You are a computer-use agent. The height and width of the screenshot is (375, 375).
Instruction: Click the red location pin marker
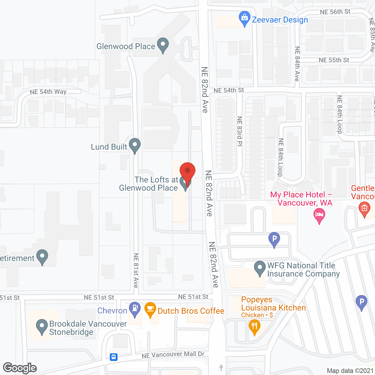tap(187, 171)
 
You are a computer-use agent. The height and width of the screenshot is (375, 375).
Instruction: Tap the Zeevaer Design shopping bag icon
tap(244, 18)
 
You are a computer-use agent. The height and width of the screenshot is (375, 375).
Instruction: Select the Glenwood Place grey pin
tap(163, 45)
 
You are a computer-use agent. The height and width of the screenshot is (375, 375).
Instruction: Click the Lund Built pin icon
tap(135, 145)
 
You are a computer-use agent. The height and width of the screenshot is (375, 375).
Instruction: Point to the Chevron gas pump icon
tap(135, 309)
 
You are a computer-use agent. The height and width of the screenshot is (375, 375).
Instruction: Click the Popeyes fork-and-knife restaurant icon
tap(254, 326)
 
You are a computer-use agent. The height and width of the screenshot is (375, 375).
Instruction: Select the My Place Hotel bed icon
tap(319, 215)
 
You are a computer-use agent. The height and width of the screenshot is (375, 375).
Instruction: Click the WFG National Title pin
tap(260, 268)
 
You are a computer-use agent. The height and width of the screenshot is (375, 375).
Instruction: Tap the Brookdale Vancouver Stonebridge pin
tap(42, 326)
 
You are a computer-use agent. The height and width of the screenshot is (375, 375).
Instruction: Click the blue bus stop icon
tap(114, 357)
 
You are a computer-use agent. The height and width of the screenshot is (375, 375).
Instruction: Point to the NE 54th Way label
tap(48, 92)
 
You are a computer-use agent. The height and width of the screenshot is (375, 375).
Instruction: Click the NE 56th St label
tap(335, 12)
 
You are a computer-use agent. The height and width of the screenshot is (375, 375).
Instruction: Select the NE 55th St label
tap(334, 60)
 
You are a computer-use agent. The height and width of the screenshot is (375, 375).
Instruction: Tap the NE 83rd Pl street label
tap(240, 131)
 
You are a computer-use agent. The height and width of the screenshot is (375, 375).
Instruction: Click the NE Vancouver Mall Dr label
tap(173, 354)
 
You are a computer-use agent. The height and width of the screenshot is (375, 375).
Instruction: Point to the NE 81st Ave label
tap(136, 270)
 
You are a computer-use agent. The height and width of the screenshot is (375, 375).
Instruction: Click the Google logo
tap(20, 368)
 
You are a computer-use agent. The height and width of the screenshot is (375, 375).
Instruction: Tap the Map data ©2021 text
tap(350, 371)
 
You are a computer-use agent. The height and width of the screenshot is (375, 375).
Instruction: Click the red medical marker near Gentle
tap(364, 209)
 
